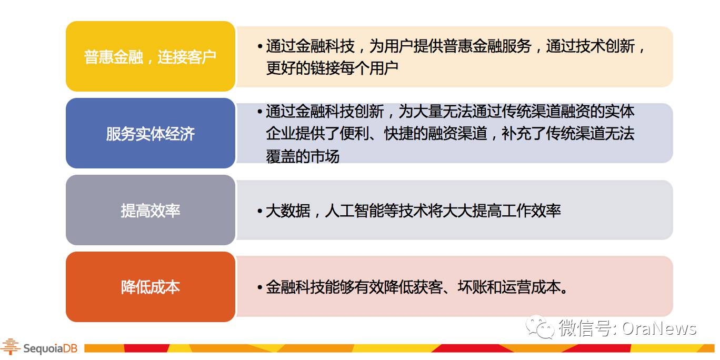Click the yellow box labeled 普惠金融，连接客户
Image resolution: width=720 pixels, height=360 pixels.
pyautogui.click(x=151, y=56)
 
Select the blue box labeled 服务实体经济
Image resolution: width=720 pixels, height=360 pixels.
pyautogui.click(x=151, y=133)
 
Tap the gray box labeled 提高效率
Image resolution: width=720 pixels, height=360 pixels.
pyautogui.click(x=151, y=210)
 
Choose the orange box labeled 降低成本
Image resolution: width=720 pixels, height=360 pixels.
pyautogui.click(x=151, y=287)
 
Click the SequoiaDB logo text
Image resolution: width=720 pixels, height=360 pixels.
pyautogui.click(x=51, y=348)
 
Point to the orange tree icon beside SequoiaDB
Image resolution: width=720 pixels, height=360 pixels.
pyautogui.click(x=11, y=347)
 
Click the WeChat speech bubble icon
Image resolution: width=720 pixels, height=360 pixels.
pyautogui.click(x=540, y=327)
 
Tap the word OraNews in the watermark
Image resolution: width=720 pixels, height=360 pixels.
pyautogui.click(x=659, y=328)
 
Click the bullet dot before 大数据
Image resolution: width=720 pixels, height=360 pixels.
pyautogui.click(x=260, y=211)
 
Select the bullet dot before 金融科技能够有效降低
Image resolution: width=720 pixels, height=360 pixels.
pyautogui.click(x=260, y=287)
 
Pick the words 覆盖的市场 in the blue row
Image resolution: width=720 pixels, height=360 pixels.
pyautogui.click(x=303, y=156)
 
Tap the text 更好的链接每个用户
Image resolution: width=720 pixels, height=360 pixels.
pyautogui.click(x=332, y=68)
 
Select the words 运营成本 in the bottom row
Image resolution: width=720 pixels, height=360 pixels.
pyautogui.click(x=532, y=287)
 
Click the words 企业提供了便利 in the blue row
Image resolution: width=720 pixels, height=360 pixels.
pyautogui.click(x=317, y=133)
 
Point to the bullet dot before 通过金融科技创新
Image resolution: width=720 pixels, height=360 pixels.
pyautogui.click(x=260, y=112)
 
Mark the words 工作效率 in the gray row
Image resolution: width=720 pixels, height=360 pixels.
pyautogui.click(x=532, y=211)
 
